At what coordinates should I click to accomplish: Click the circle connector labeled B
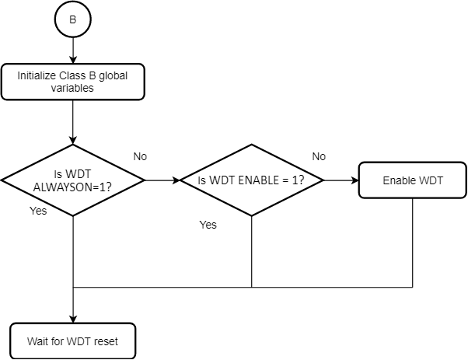point(72,20)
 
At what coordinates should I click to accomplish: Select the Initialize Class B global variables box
point(72,82)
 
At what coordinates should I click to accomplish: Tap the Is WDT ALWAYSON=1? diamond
point(72,180)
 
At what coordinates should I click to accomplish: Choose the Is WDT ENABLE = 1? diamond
point(251,180)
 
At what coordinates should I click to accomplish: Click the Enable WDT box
point(412,180)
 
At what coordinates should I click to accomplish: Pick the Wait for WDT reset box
point(72,341)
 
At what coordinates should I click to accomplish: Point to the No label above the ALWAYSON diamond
point(140,156)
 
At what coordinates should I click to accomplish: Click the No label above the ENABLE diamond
point(319,156)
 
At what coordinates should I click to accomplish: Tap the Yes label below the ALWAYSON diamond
point(38,211)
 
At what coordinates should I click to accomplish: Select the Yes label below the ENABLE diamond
point(208,225)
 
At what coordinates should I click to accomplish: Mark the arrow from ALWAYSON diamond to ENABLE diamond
point(162,180)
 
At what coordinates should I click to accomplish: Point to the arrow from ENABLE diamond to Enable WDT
point(341,180)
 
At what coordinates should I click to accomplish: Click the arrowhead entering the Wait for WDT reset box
point(72,318)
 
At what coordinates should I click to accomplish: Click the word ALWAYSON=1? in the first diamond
point(72,187)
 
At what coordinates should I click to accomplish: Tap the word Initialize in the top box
point(37,76)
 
